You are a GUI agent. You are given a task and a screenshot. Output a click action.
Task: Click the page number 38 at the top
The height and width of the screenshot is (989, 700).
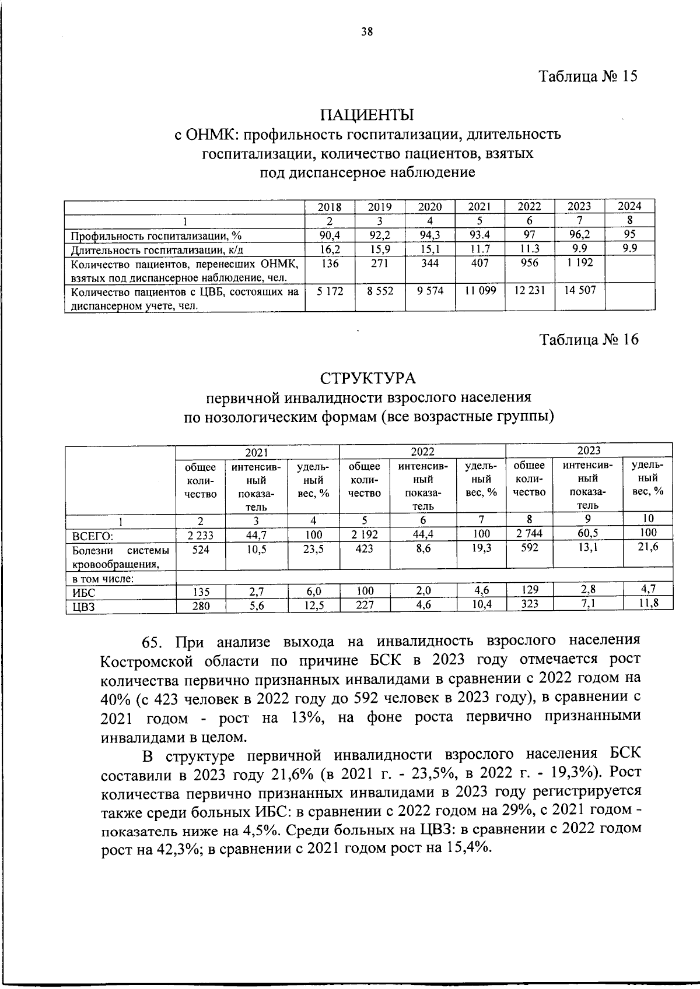click(367, 33)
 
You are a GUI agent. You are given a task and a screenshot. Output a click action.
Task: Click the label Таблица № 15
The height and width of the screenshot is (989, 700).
click(588, 76)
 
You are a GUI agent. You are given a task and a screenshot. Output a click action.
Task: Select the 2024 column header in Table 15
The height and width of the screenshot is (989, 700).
click(629, 206)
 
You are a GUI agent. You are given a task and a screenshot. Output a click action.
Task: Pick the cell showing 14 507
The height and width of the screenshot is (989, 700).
click(580, 290)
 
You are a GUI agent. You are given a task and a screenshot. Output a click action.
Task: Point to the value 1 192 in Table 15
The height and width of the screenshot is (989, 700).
click(580, 263)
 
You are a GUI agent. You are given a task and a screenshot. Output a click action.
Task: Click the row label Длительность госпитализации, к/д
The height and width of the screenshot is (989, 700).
click(156, 250)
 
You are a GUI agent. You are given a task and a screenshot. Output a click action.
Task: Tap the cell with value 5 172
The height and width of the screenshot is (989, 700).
click(330, 290)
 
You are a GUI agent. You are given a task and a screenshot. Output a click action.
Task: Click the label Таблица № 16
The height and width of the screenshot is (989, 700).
click(589, 339)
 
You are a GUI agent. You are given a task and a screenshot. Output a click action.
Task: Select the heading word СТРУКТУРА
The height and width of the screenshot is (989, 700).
click(367, 378)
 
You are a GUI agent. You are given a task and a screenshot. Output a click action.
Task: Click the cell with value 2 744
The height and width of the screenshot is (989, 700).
click(530, 533)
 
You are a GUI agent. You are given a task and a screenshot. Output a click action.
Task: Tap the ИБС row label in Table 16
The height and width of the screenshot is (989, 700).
click(83, 593)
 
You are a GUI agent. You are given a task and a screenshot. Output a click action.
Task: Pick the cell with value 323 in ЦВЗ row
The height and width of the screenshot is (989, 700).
click(530, 604)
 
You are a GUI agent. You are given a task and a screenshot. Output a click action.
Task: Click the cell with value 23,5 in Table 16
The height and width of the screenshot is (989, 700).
click(314, 549)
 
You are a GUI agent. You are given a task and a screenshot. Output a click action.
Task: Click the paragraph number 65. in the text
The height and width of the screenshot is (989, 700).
click(156, 642)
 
